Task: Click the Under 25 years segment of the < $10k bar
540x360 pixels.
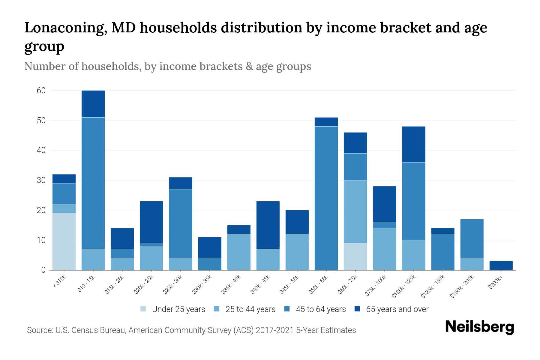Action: pos(64,241)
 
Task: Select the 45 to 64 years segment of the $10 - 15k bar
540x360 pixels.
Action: pos(93,183)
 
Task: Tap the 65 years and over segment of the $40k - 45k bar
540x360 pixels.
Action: pos(268,225)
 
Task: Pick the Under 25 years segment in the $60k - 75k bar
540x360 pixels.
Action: pos(355,256)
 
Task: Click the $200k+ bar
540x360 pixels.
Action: pos(501,265)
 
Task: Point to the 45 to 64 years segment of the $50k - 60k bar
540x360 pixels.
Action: pos(326,198)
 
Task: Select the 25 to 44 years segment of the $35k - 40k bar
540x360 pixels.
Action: pos(239,252)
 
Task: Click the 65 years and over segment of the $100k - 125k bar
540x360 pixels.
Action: pos(413,144)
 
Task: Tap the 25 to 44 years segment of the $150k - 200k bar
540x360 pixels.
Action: pos(472,264)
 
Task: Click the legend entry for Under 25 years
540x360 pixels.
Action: pos(178,309)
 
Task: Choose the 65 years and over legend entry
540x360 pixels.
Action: pos(397,309)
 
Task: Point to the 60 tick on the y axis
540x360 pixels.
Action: pos(41,91)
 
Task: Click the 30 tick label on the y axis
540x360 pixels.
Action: pos(41,180)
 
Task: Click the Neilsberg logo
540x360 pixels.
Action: pos(479,327)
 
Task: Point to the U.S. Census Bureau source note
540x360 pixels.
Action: pos(191,330)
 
